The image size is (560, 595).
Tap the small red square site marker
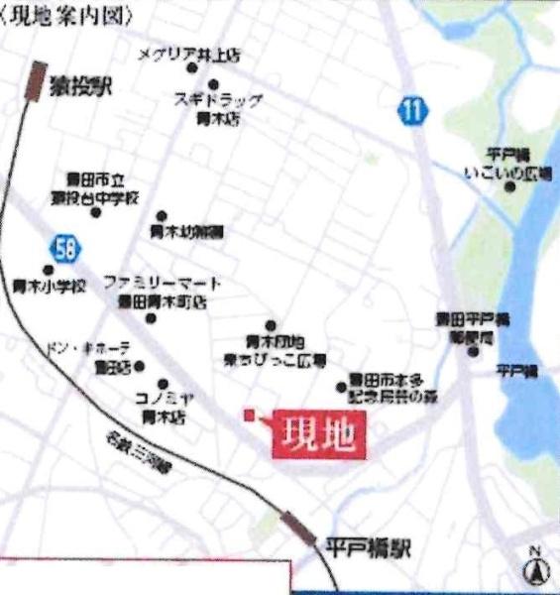click(x=251, y=414)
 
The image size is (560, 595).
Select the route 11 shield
click(x=412, y=111)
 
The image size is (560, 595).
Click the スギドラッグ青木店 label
click(x=218, y=107)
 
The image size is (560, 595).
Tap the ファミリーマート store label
click(x=162, y=291)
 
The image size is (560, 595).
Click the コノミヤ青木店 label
click(x=164, y=406)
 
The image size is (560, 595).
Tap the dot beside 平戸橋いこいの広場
click(x=510, y=185)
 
